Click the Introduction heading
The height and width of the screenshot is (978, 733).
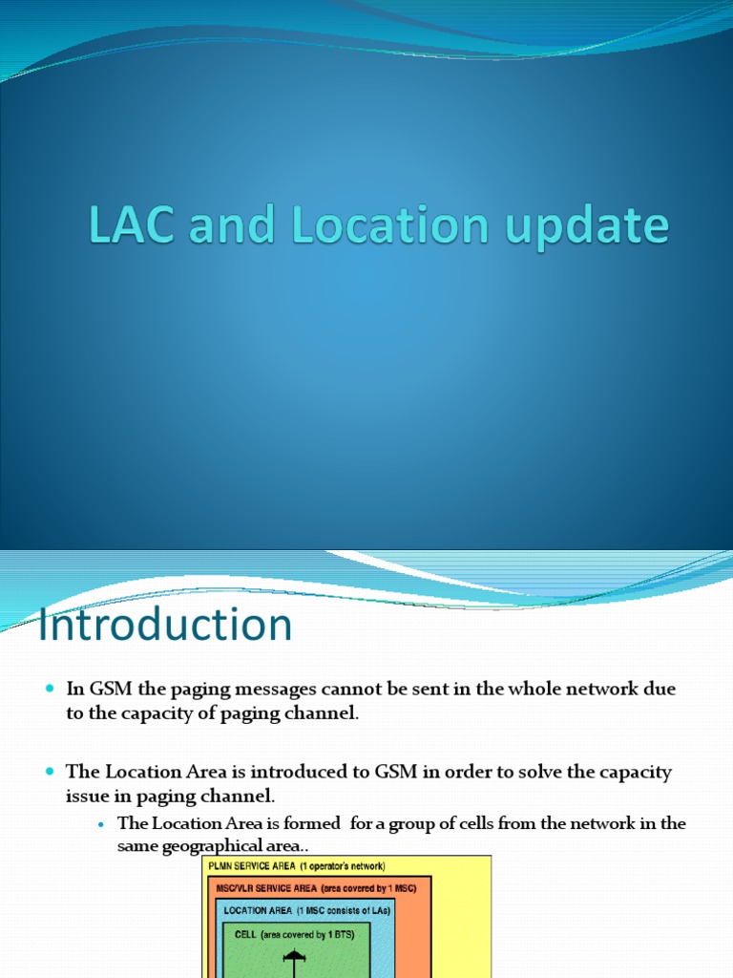point(164,626)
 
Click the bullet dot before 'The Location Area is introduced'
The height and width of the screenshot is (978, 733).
point(51,771)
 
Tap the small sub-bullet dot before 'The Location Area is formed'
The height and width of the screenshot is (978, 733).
point(100,824)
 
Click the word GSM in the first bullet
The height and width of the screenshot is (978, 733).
point(107,690)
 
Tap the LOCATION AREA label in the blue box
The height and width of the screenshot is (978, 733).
point(257,911)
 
